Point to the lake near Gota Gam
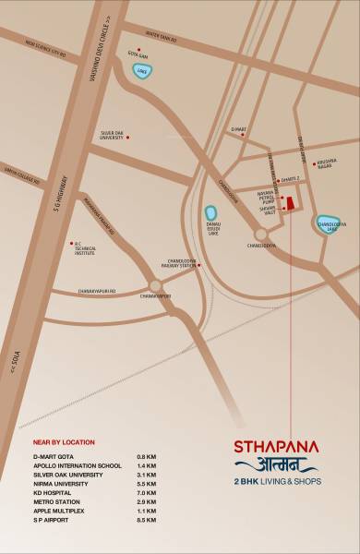click(x=140, y=71)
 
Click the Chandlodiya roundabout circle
click(x=261, y=235)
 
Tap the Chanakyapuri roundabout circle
click(x=156, y=284)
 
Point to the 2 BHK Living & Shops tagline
click(x=276, y=480)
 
